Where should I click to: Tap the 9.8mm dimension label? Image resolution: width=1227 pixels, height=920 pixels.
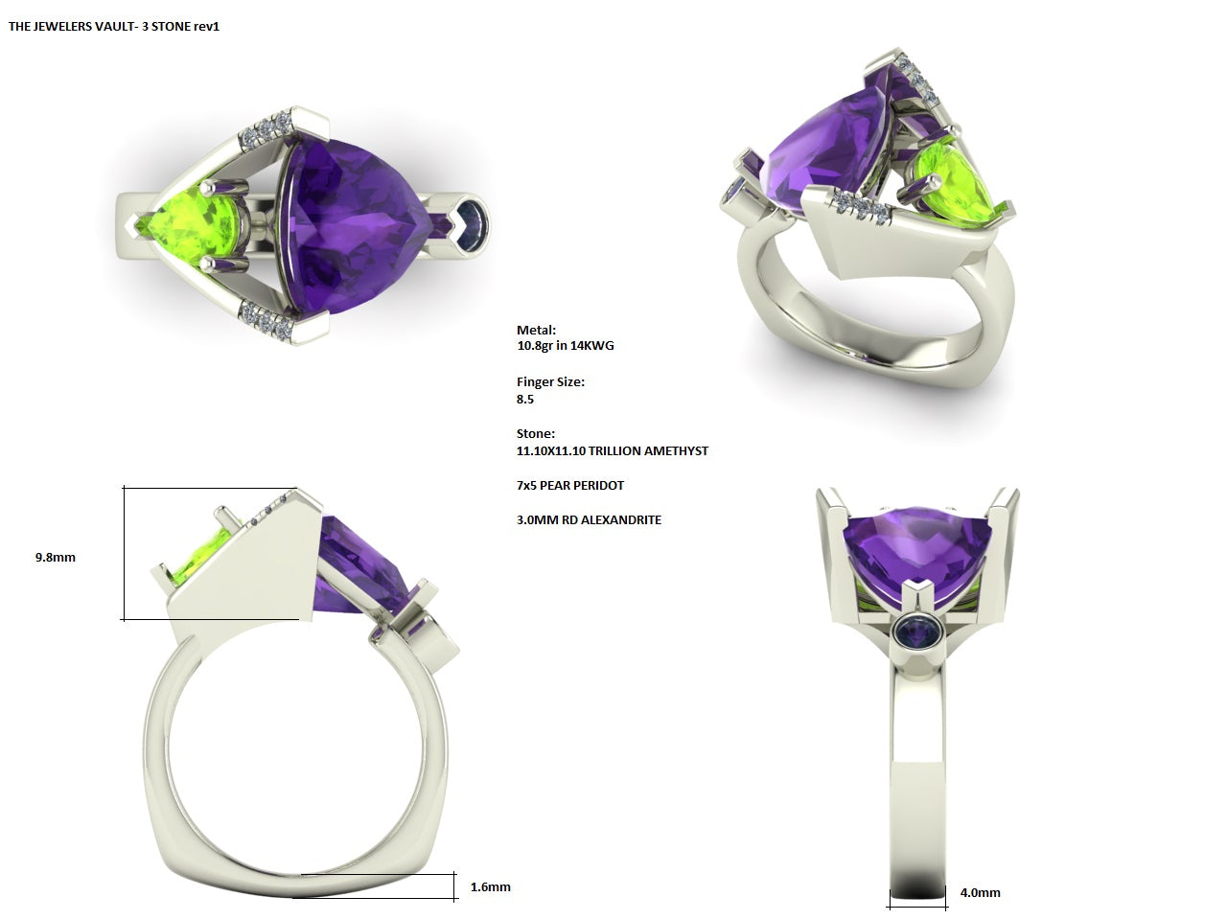(55, 557)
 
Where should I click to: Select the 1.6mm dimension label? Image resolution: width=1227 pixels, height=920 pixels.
(490, 886)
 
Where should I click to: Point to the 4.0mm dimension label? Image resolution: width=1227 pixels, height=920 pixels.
(980, 892)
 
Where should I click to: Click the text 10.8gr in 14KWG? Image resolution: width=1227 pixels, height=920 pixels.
(565, 345)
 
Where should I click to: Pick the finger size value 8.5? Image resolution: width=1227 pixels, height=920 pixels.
(525, 399)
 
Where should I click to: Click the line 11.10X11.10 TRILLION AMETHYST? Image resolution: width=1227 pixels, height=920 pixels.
(612, 450)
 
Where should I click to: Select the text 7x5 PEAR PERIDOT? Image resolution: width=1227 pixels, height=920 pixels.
(569, 485)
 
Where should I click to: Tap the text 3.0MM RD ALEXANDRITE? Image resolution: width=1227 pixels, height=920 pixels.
(588, 519)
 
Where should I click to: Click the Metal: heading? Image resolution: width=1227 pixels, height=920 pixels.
(536, 330)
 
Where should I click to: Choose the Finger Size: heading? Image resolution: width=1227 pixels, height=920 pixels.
(550, 381)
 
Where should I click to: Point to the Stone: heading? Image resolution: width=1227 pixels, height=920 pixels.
(535, 433)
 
